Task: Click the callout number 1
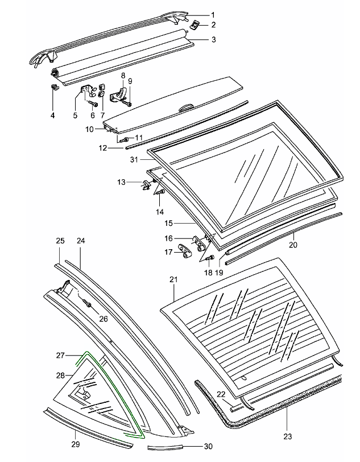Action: coord(197,14)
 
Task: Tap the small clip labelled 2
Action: coord(195,25)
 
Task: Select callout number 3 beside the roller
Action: coord(197,40)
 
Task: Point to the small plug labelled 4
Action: coord(55,88)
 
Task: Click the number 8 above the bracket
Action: coord(122,75)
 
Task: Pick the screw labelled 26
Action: coord(88,305)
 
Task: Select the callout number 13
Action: coord(122,182)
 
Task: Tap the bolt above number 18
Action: coord(209,259)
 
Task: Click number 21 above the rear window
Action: coord(174,279)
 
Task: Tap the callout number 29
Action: coord(75,443)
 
